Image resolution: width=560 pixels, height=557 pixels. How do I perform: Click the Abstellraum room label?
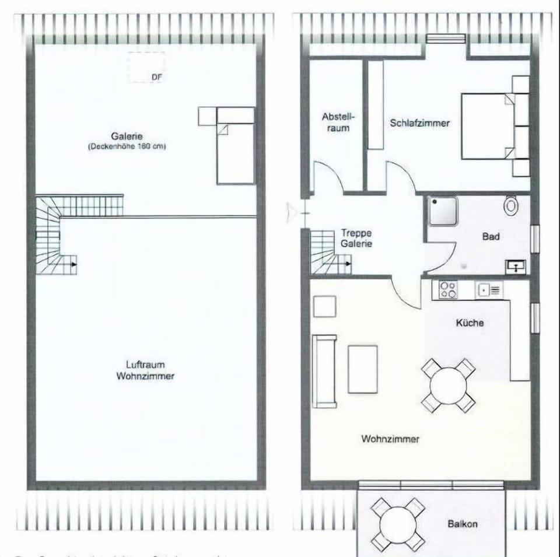click(335, 122)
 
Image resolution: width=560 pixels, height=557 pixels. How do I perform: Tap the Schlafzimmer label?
click(419, 123)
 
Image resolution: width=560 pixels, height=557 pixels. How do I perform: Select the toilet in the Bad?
click(512, 205)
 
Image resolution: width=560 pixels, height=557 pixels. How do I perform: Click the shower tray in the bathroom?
click(442, 211)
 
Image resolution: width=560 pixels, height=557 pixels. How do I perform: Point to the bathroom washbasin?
click(516, 266)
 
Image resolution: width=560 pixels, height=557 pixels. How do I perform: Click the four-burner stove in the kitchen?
click(447, 289)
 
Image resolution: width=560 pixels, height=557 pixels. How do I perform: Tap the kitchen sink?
click(488, 289)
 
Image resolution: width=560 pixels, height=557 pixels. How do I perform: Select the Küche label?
click(470, 323)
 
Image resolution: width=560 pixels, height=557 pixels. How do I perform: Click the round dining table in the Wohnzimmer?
click(448, 386)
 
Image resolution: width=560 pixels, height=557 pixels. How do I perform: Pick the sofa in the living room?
click(324, 371)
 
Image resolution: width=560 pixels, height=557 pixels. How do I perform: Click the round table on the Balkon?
click(398, 524)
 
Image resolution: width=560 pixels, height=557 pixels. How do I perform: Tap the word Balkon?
click(463, 524)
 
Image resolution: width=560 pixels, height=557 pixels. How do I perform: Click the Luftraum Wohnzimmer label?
click(145, 370)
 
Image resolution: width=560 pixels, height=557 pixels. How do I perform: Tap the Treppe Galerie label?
click(356, 238)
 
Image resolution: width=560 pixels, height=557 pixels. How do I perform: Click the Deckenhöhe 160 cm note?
click(127, 147)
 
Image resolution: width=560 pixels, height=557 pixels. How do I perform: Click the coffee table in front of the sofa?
click(362, 369)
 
